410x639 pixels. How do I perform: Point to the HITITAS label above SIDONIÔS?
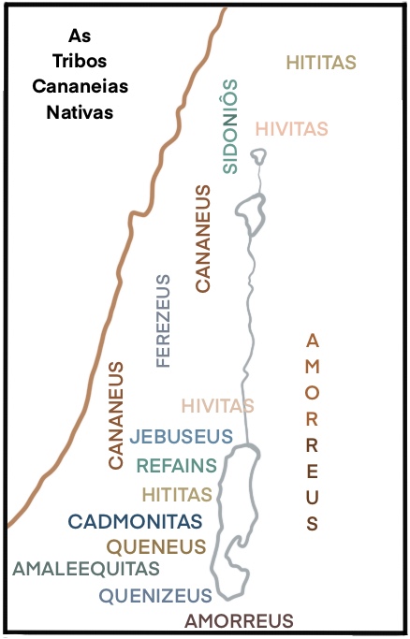coord(321,64)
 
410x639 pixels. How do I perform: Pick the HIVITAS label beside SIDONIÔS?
coord(291,128)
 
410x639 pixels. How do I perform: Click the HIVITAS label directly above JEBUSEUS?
coord(216,406)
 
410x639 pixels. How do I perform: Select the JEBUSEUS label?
coord(182,436)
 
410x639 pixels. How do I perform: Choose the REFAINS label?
coord(177,465)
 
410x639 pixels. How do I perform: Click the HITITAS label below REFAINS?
coord(179,493)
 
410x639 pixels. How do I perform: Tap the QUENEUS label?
coord(155,545)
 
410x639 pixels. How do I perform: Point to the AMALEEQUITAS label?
coord(86,568)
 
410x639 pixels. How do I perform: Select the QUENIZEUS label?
coord(155,593)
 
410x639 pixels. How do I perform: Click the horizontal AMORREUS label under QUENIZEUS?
coord(240,619)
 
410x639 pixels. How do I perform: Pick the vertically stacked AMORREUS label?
coord(313,430)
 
